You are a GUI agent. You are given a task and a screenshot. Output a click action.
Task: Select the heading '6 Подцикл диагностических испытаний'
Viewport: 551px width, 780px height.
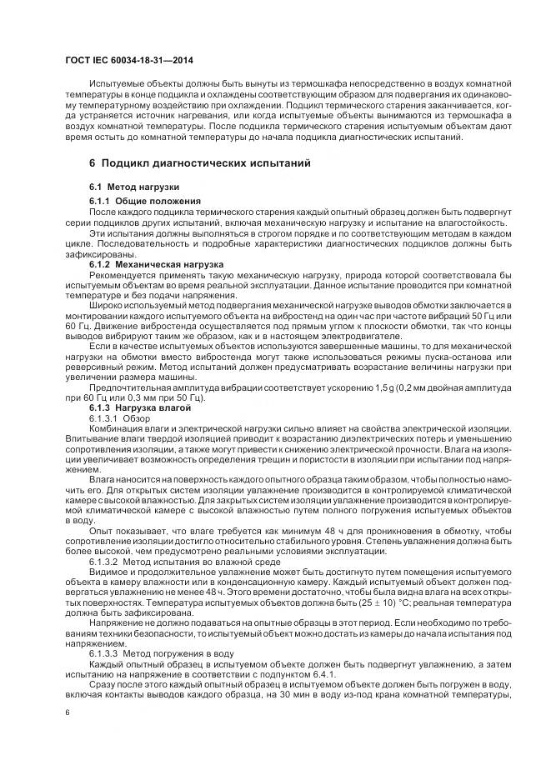(x=200, y=163)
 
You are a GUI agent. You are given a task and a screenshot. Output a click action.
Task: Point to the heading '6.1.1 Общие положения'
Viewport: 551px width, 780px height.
(x=144, y=202)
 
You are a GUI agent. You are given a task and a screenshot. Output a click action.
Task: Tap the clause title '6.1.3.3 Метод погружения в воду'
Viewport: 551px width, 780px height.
(x=157, y=653)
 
